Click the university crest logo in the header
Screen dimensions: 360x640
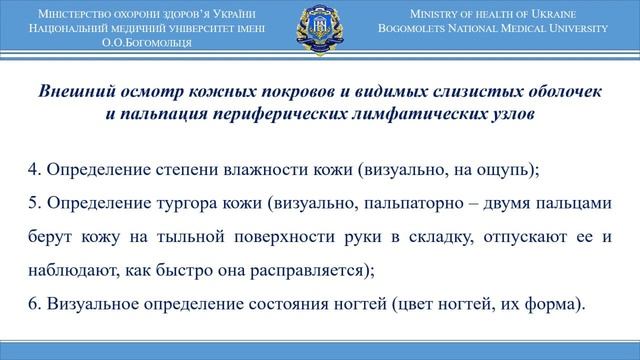coord(320,29)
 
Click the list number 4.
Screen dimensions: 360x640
coord(32,169)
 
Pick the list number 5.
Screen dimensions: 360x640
coord(32,203)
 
